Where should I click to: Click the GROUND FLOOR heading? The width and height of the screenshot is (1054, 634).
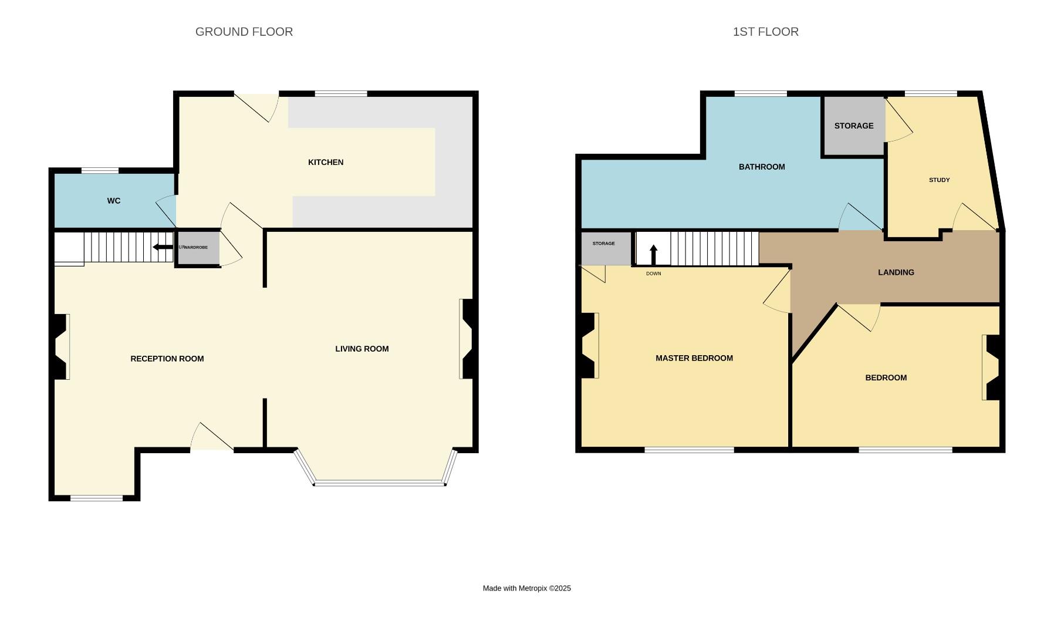click(x=244, y=32)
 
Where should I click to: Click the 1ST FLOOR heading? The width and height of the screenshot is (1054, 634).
click(x=765, y=32)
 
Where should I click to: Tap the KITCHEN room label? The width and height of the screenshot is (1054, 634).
click(x=325, y=163)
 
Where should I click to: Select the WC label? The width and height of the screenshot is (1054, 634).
click(x=113, y=201)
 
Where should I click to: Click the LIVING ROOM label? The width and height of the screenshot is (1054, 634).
click(x=362, y=349)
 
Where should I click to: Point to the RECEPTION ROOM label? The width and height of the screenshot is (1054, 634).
click(x=167, y=359)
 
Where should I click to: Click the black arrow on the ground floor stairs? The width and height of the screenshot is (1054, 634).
click(x=163, y=247)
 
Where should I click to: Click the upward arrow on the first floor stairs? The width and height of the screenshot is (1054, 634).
click(x=653, y=254)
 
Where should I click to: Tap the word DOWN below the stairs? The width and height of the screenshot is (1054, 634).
click(x=653, y=274)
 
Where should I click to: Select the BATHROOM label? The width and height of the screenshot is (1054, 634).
click(x=761, y=167)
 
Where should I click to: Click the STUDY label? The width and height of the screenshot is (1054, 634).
click(x=939, y=180)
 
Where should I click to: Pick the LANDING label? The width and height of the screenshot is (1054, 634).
click(x=896, y=272)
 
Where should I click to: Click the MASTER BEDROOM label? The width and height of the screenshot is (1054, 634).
click(x=694, y=358)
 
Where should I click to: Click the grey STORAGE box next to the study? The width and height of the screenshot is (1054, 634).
click(x=853, y=126)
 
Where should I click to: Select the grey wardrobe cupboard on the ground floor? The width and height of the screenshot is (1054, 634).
click(x=198, y=248)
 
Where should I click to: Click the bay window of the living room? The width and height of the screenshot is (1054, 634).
click(x=379, y=483)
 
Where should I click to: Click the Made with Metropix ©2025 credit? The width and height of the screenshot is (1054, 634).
click(x=526, y=588)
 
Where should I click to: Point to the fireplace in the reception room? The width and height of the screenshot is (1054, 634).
click(x=62, y=346)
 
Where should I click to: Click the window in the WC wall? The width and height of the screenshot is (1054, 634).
click(x=100, y=171)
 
